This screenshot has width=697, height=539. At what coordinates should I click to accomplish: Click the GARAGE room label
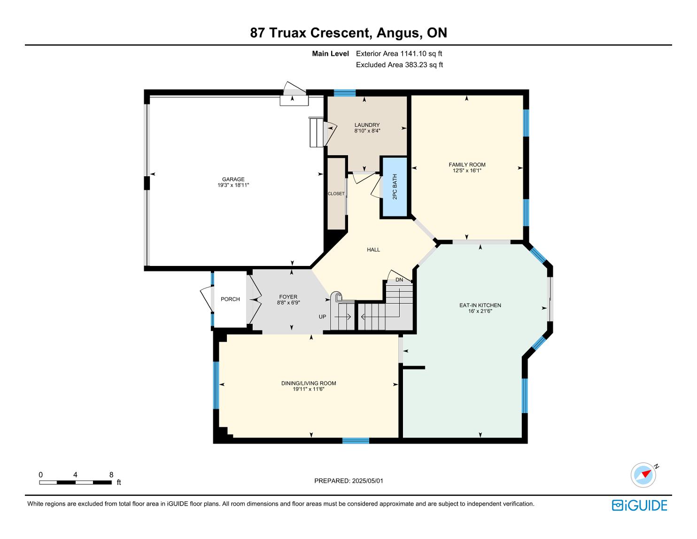point(233,179)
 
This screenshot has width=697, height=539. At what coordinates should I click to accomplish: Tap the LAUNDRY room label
point(367,125)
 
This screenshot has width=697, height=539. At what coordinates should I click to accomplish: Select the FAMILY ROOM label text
point(467,164)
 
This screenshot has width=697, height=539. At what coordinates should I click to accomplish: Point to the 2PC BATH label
point(395,187)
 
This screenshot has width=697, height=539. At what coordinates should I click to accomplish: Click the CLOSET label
point(336,194)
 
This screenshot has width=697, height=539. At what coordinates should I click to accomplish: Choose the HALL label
point(373,250)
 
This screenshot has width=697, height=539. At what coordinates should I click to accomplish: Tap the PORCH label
point(230,299)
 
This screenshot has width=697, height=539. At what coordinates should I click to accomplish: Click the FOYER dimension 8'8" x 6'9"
point(288,303)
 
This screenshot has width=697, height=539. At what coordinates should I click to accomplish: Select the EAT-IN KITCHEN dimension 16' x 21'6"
point(480,311)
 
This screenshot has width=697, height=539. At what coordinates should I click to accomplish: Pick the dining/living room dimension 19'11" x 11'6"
point(309,389)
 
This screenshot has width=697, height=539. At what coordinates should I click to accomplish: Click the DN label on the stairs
point(399,280)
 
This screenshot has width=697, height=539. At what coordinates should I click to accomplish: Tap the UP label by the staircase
point(322,317)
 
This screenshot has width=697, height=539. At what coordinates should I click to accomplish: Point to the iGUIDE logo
point(640,505)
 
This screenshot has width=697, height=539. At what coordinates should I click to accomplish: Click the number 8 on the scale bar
point(111,475)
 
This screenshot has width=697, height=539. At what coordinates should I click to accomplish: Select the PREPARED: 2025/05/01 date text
point(348,481)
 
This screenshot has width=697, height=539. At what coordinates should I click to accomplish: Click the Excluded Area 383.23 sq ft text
point(399,65)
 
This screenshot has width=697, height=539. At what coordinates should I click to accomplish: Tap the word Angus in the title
point(398,33)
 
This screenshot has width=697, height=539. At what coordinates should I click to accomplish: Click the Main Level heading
point(330,54)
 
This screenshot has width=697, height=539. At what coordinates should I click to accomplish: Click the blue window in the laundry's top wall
point(345,93)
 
